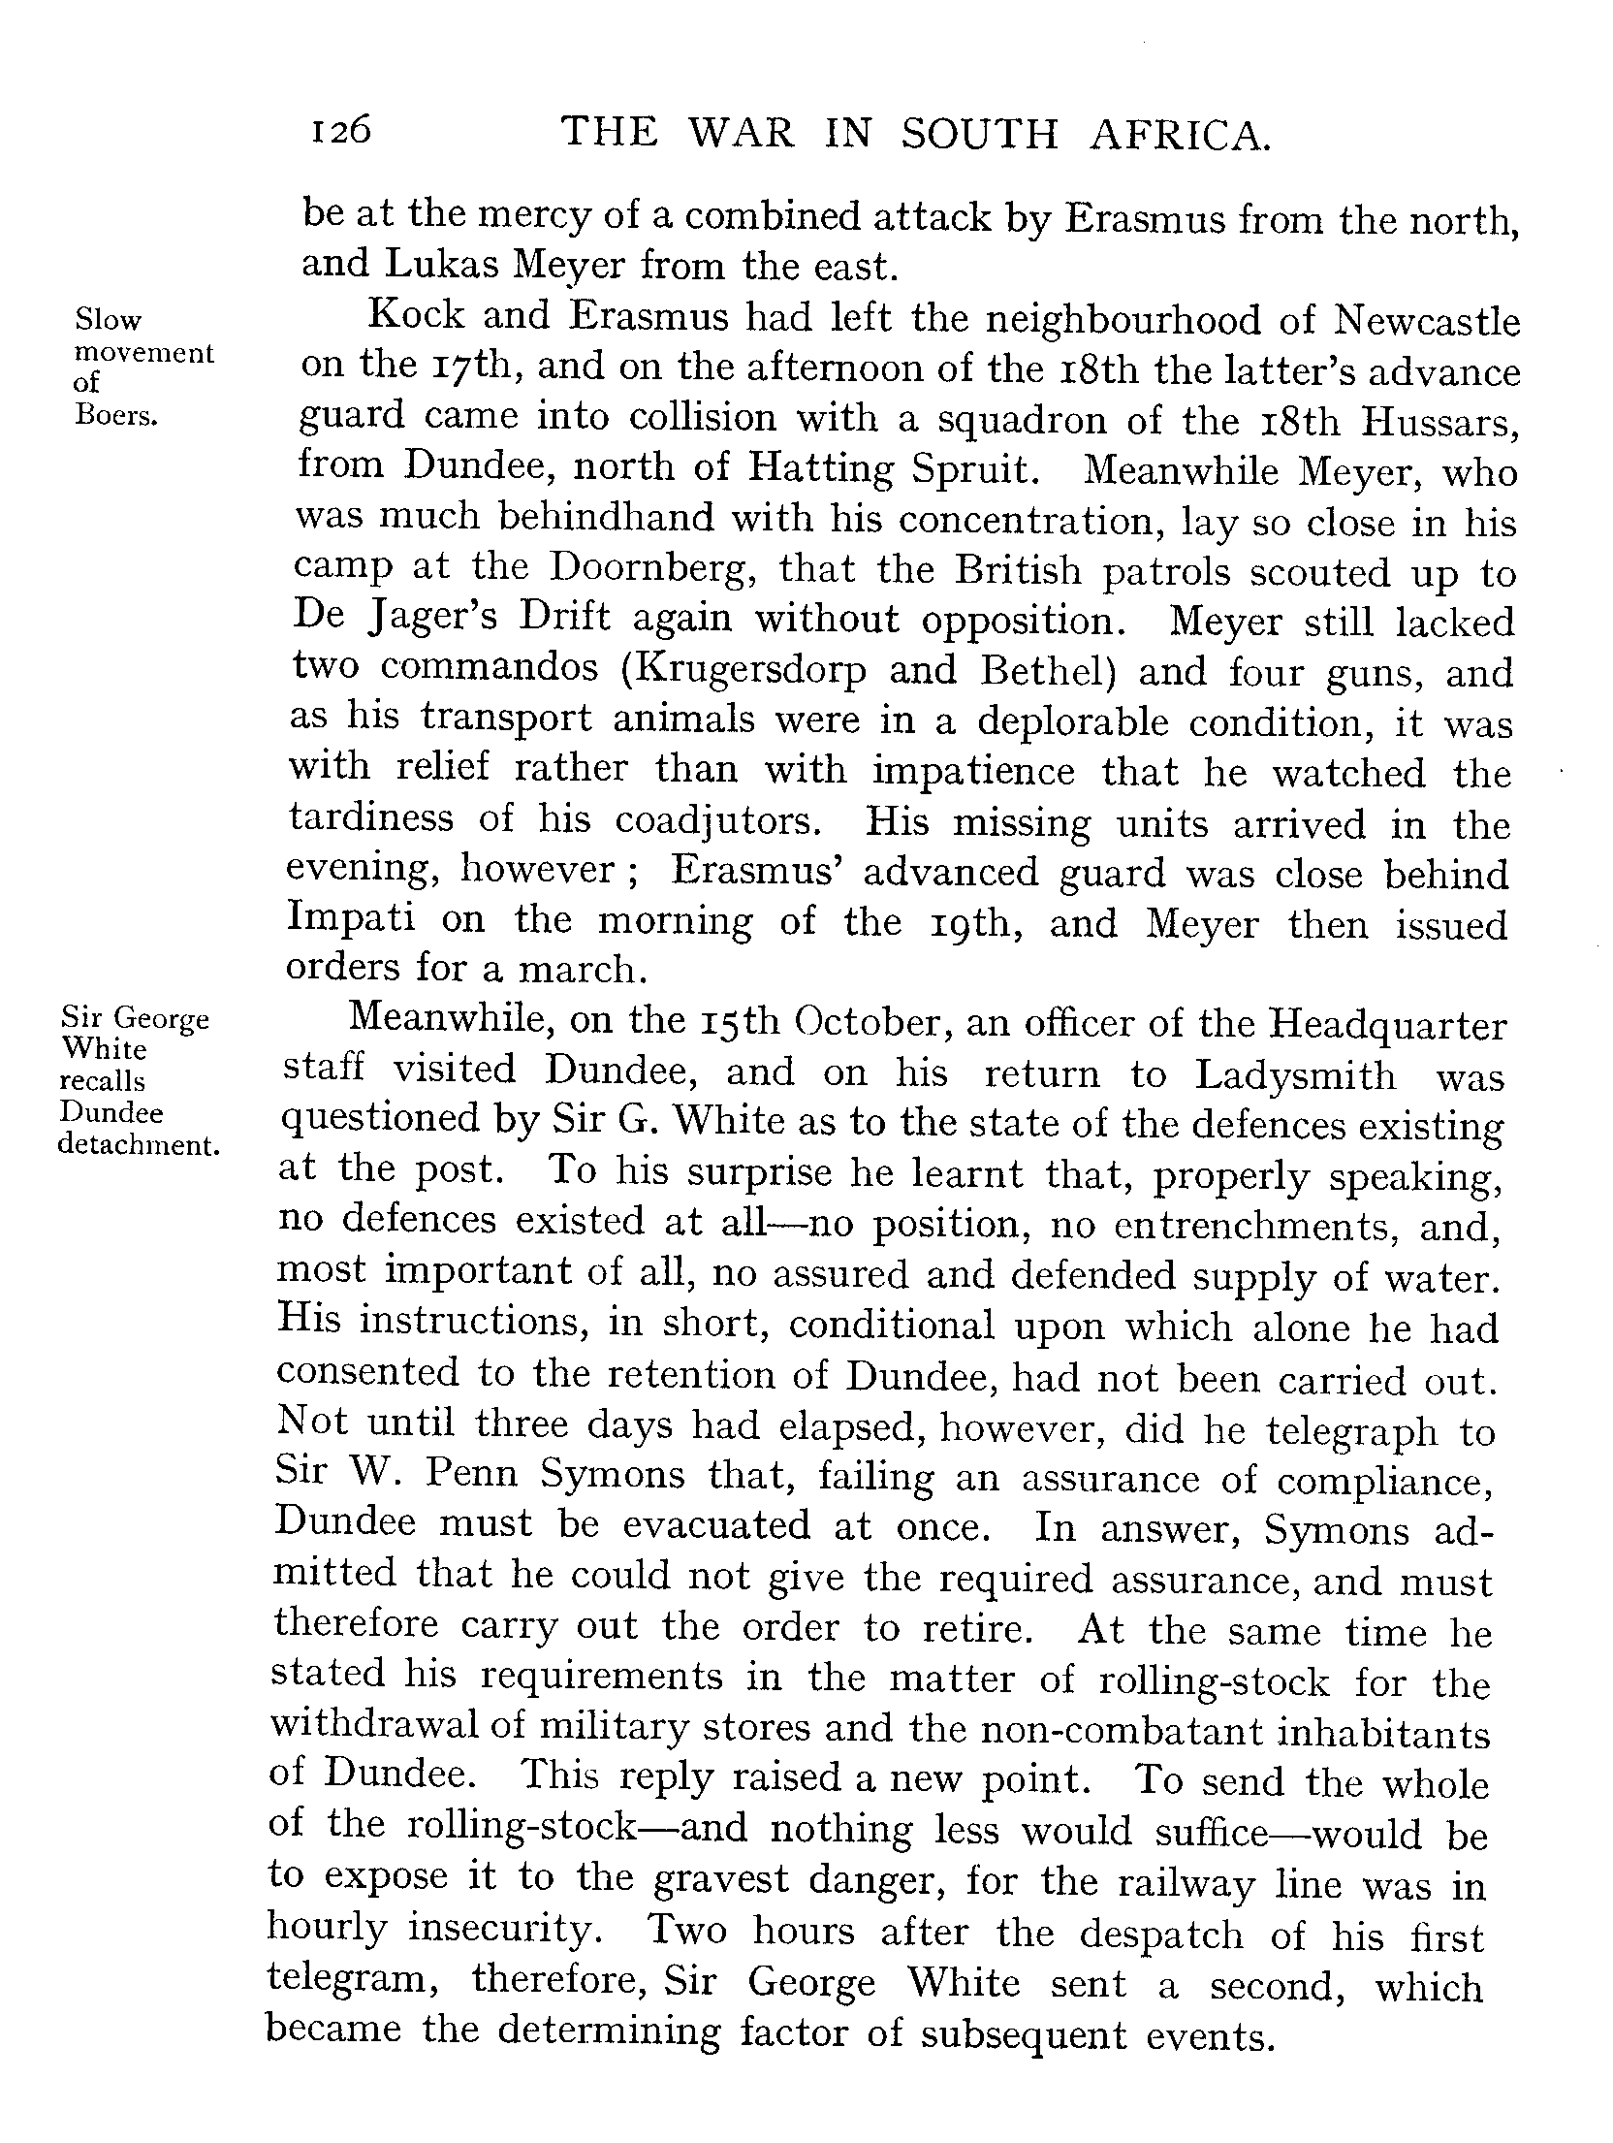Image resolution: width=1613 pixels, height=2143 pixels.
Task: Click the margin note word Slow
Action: (x=108, y=320)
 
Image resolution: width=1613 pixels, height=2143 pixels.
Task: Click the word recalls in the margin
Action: (x=103, y=1080)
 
